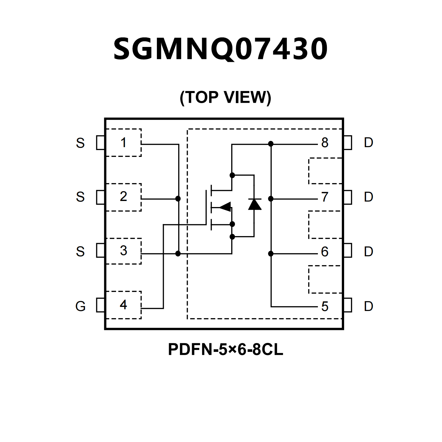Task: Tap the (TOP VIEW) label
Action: (225, 97)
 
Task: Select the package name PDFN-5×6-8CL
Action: (225, 349)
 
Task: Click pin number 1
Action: (124, 143)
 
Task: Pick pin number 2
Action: (124, 196)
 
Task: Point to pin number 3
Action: (124, 251)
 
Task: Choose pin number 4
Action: (124, 305)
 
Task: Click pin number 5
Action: (325, 307)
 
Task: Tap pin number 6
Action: (325, 252)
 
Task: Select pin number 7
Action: (325, 197)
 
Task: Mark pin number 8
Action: (325, 143)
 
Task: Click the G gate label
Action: (81, 306)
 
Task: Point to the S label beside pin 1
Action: (80, 143)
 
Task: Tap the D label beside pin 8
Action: (369, 143)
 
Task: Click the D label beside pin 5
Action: (369, 306)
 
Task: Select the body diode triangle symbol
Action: (255, 204)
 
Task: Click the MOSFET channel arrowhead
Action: (225, 206)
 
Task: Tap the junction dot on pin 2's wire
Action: (178, 199)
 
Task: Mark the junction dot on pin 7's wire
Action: (271, 199)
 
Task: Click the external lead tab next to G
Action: (100, 305)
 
